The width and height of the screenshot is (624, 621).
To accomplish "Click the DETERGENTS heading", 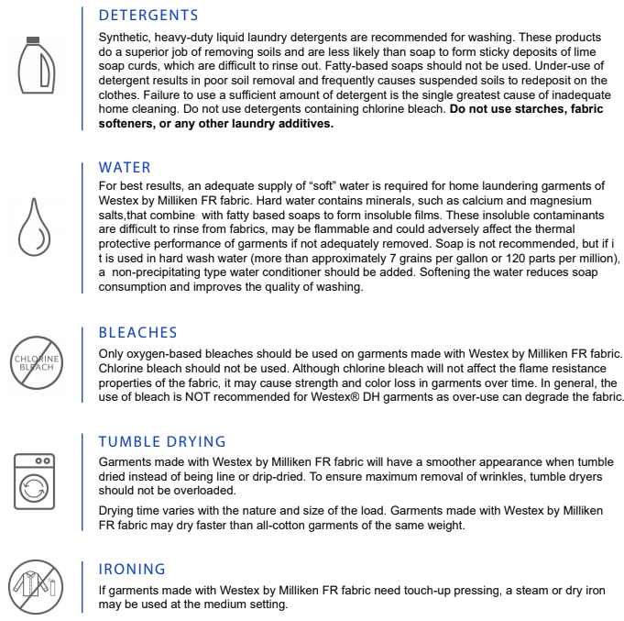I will [x=148, y=16].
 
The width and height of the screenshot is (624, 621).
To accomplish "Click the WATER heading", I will [x=125, y=168].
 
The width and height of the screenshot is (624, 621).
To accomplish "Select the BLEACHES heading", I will [x=137, y=332].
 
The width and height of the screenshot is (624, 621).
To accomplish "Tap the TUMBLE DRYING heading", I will [x=162, y=441].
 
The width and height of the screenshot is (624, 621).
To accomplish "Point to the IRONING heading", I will [x=132, y=570].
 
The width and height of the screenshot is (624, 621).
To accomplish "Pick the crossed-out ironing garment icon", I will [x=35, y=583].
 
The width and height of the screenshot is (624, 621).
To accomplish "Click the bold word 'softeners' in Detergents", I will [x=127, y=124].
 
